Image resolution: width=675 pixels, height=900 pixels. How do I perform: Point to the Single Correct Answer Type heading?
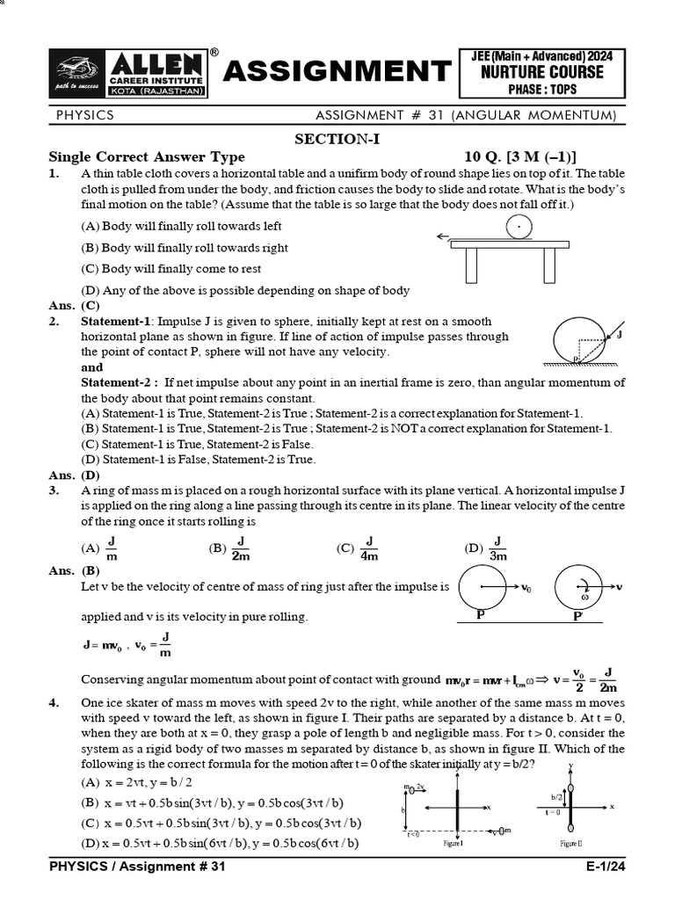146,157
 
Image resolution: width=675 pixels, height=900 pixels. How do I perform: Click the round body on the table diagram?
519,228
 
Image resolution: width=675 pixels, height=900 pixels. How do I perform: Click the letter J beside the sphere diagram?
620,335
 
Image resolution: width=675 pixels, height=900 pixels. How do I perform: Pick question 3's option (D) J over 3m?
487,548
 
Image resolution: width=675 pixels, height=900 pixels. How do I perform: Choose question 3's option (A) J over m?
101,548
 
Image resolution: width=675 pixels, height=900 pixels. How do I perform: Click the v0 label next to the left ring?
526,587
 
